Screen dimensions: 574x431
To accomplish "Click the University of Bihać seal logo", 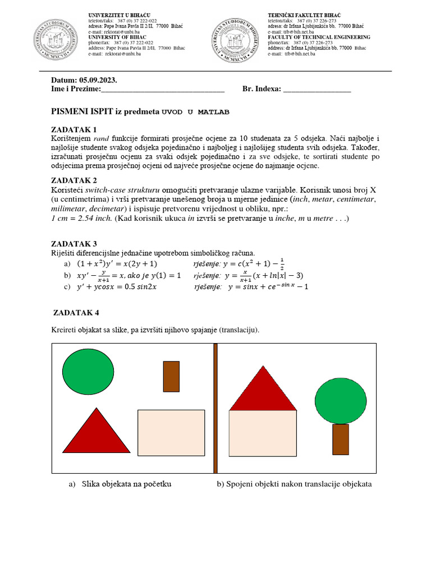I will (x=58, y=36).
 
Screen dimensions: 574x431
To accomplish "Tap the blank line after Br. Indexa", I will (x=317, y=89).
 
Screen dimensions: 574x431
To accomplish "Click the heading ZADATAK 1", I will (x=74, y=129).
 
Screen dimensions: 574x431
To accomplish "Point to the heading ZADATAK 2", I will (x=74, y=180).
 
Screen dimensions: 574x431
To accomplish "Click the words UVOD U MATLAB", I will (x=195, y=112).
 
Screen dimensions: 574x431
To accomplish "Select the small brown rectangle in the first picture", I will (x=171, y=376).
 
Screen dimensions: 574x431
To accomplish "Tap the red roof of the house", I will (x=262, y=391).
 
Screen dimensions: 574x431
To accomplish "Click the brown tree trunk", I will (x=341, y=439).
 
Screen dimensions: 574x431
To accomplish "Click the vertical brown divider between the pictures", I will (x=215, y=408).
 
